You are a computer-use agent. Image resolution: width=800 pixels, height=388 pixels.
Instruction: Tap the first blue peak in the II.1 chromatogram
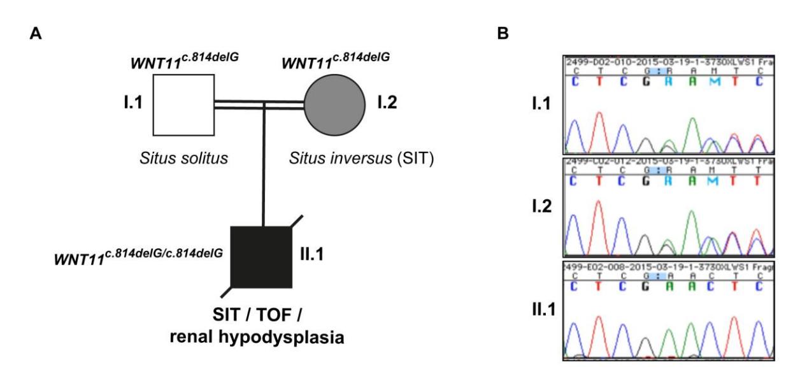point(575,328)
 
